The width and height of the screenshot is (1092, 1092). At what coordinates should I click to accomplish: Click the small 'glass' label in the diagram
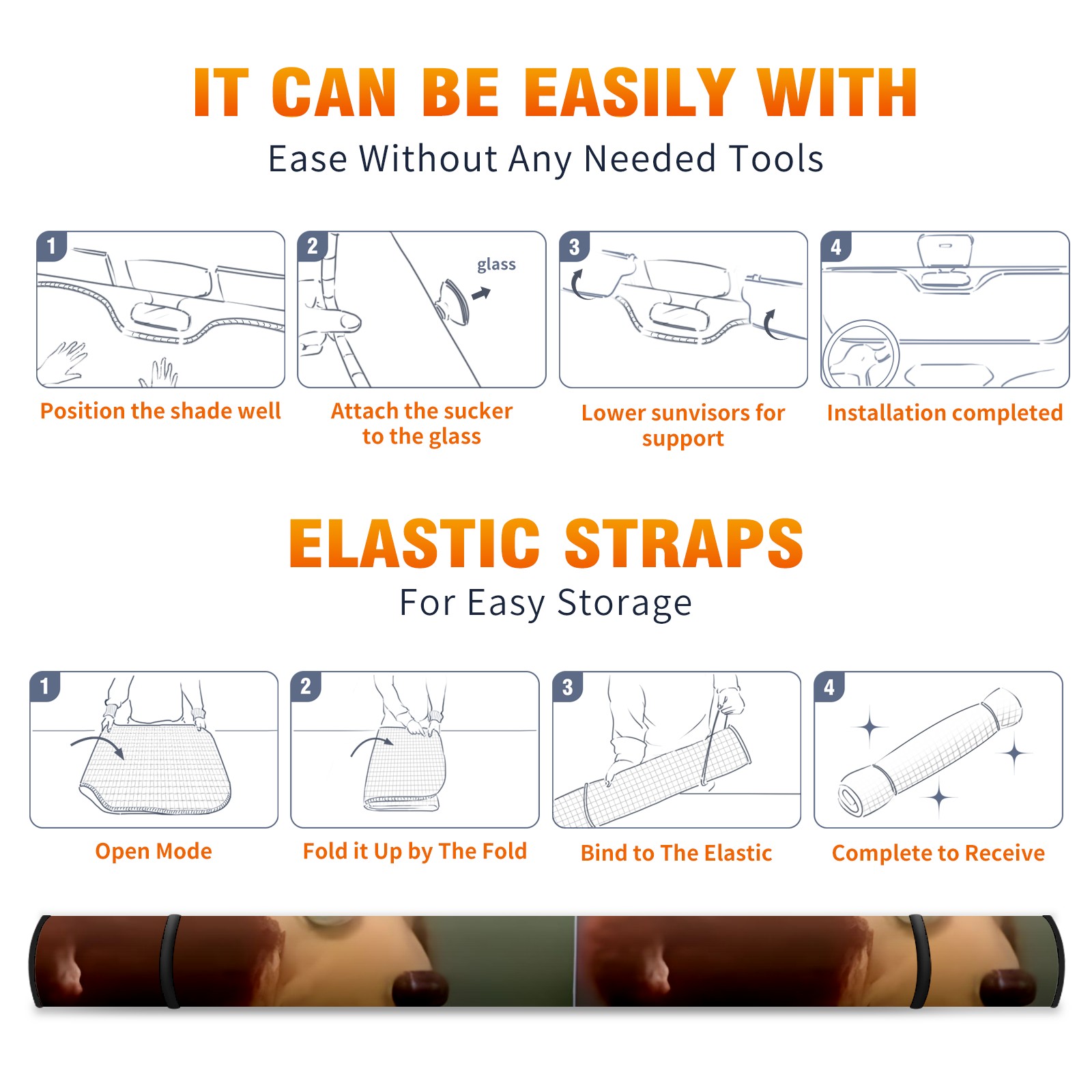pos(496,265)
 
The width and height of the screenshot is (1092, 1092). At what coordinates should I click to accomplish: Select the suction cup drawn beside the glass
pos(453,300)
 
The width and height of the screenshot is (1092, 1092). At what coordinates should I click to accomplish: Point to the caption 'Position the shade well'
pos(160,411)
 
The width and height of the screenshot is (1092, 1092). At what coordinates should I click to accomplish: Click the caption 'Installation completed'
pos(945,412)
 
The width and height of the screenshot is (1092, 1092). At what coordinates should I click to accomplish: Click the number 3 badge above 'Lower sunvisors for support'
pos(574,246)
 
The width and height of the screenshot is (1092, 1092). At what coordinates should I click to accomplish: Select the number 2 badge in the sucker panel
pos(313,246)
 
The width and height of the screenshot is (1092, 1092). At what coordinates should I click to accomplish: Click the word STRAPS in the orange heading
pos(684,543)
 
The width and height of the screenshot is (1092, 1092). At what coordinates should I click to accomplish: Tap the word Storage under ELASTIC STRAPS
pos(624,603)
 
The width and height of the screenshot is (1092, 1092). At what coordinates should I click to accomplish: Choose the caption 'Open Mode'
pos(154,851)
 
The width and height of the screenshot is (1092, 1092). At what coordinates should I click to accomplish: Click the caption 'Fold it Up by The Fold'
pos(415,851)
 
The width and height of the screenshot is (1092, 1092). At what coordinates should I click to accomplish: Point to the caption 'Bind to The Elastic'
pos(676,852)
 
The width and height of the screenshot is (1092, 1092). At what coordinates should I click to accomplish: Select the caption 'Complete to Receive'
pos(938,852)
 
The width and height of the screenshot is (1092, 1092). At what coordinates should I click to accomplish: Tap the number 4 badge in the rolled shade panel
pos(829,687)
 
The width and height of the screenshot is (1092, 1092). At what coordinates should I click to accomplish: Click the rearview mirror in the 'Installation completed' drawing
pos(945,250)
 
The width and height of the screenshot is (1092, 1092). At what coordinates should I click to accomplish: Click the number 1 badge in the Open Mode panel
pos(45,686)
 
